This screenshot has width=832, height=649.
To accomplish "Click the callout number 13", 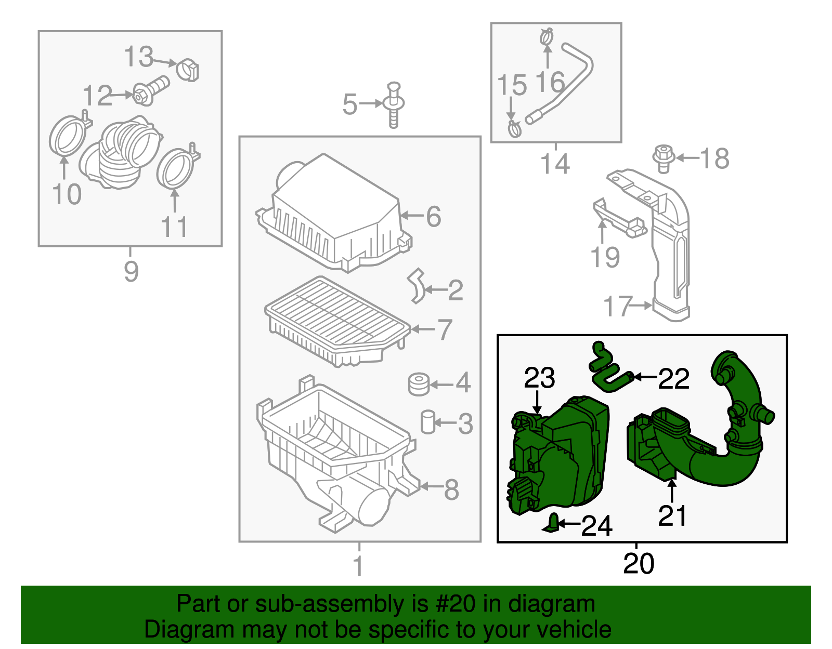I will click(x=139, y=57).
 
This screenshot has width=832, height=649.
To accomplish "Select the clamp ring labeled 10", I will click(x=67, y=137).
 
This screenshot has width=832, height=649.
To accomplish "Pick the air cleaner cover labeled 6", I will click(x=333, y=213).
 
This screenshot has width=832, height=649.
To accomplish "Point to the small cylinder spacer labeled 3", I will click(x=427, y=421).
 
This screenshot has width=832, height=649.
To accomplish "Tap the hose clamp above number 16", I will click(x=547, y=37).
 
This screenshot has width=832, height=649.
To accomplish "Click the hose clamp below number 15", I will click(x=514, y=128).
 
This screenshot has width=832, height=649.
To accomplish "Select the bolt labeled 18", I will click(x=664, y=158).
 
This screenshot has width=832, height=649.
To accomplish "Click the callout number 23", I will click(x=539, y=378).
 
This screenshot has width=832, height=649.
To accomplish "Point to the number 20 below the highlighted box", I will click(x=639, y=563).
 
